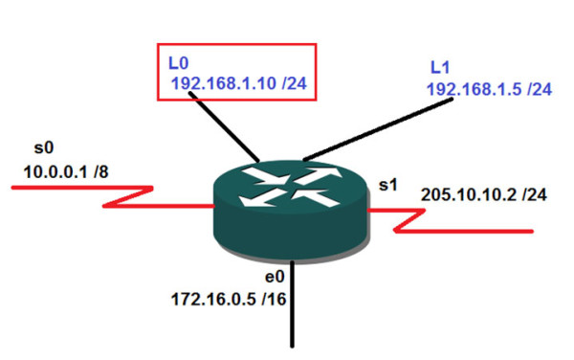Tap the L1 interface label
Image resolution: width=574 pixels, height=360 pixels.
[x=441, y=69]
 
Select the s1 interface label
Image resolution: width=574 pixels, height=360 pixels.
[x=386, y=181]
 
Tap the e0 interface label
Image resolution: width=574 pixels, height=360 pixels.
[x=276, y=277]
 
